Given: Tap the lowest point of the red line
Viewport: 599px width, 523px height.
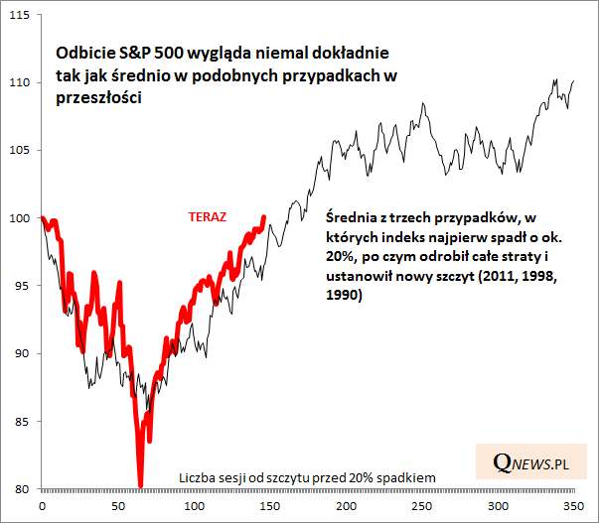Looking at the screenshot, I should pyautogui.click(x=141, y=485).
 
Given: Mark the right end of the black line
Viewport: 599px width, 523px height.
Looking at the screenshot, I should pyautogui.click(x=574, y=81).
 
